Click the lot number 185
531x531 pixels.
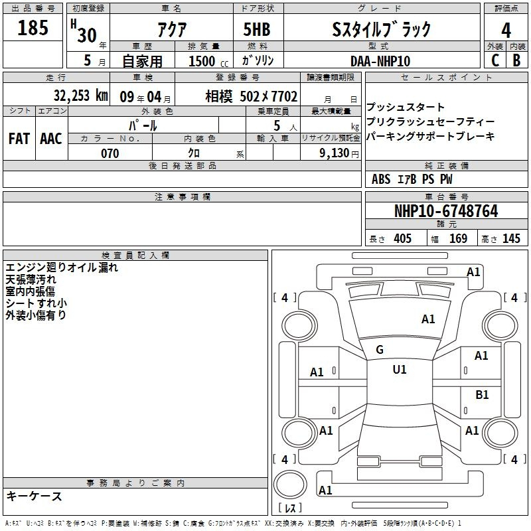pos(33,28)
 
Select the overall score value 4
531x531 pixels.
pos(506,30)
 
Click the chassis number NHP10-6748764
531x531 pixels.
pos(445,211)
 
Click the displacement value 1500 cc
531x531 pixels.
pos(203,61)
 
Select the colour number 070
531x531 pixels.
pos(110,153)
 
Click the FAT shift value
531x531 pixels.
pos(19,138)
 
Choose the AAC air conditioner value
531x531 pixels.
pos(51,138)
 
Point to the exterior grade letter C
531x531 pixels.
pos(494,60)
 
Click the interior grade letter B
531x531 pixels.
pos(516,60)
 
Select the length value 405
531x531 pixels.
pos(402,239)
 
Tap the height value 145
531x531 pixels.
pos(511,239)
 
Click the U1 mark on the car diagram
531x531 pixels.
pos(400,370)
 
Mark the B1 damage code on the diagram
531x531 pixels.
pos(482,395)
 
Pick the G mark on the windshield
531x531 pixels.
pos(380,350)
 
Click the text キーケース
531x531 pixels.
pos(35,496)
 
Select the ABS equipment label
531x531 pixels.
pos(381,179)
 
